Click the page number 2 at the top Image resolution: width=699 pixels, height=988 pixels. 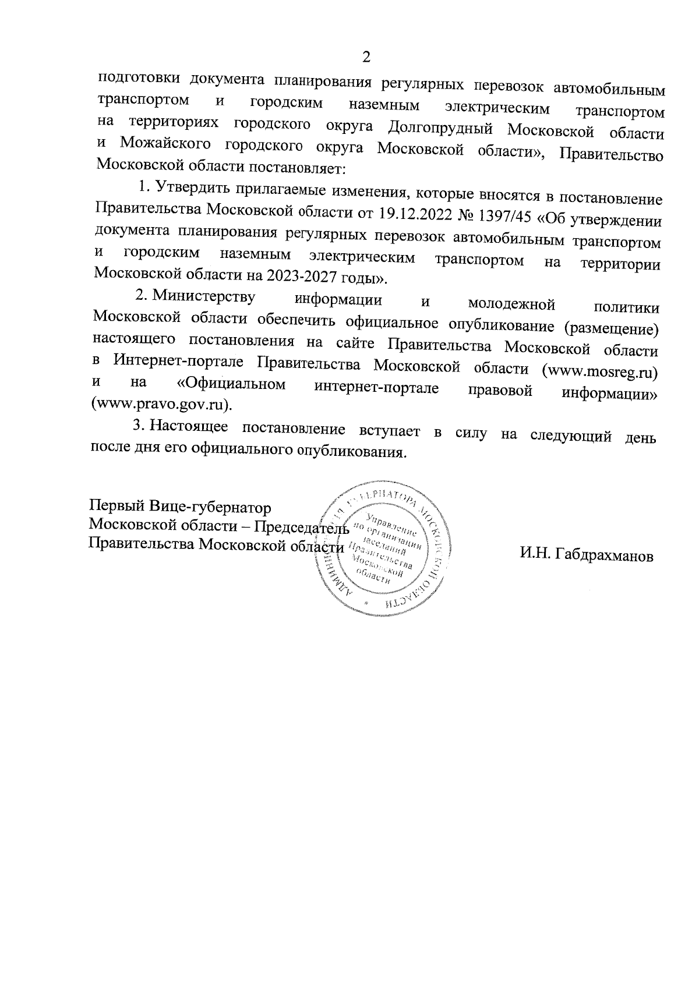(x=366, y=56)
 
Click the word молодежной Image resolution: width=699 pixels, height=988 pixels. (x=511, y=303)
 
